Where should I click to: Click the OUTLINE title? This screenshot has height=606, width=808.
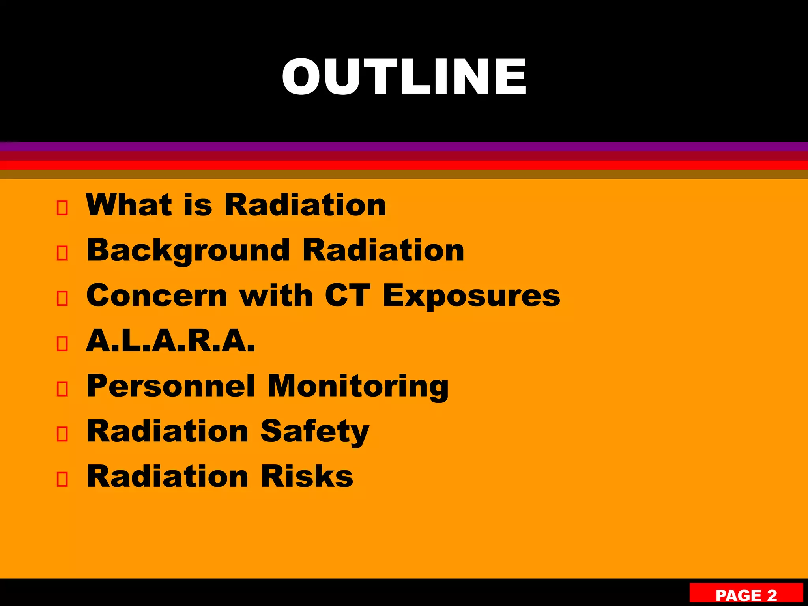404,77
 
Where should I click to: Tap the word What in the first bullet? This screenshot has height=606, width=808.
129,205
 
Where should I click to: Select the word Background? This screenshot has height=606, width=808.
188,251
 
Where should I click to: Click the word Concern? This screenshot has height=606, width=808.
157,296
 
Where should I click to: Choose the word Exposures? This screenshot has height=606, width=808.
471,296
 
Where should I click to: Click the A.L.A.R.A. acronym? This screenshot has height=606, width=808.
170,340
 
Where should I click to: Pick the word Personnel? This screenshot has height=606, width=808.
170,386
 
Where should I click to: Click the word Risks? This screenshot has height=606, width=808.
307,477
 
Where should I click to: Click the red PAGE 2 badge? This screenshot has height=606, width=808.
746,594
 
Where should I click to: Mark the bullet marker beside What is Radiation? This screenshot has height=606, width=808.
62,208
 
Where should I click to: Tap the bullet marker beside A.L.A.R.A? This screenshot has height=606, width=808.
62,344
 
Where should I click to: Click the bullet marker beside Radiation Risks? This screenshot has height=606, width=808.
62,479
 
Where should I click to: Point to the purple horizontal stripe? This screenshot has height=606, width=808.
404,147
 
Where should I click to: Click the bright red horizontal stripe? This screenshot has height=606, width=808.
404,165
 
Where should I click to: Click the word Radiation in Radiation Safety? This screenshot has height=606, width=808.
167,431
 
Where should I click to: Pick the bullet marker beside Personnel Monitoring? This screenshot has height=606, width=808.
62,389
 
